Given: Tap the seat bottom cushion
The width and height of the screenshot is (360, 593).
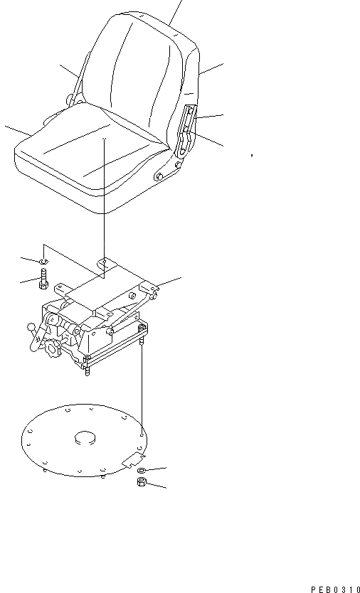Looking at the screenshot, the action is pos(91,159).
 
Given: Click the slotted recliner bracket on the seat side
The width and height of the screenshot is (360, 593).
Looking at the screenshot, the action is pos(186,131).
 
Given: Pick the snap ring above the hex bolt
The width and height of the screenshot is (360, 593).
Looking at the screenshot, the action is pos(44,261).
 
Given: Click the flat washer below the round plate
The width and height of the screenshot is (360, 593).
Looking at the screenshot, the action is pos(141,471).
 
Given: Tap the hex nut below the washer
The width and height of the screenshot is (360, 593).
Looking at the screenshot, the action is pos(142,482).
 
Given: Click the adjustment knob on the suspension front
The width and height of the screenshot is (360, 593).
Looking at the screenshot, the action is pos(51,346).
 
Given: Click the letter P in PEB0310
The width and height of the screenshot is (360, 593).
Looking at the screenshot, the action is pos(313,589).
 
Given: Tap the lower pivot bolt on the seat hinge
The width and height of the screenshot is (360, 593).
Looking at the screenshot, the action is pos(159,176).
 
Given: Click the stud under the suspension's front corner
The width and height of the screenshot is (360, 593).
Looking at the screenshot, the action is pos(87,372).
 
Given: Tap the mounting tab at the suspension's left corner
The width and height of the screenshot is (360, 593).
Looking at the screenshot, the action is pos(63,290).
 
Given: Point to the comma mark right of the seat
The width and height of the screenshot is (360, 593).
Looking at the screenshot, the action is pos(252,154).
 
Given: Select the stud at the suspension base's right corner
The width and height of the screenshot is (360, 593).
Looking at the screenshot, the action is pos(142,341).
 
